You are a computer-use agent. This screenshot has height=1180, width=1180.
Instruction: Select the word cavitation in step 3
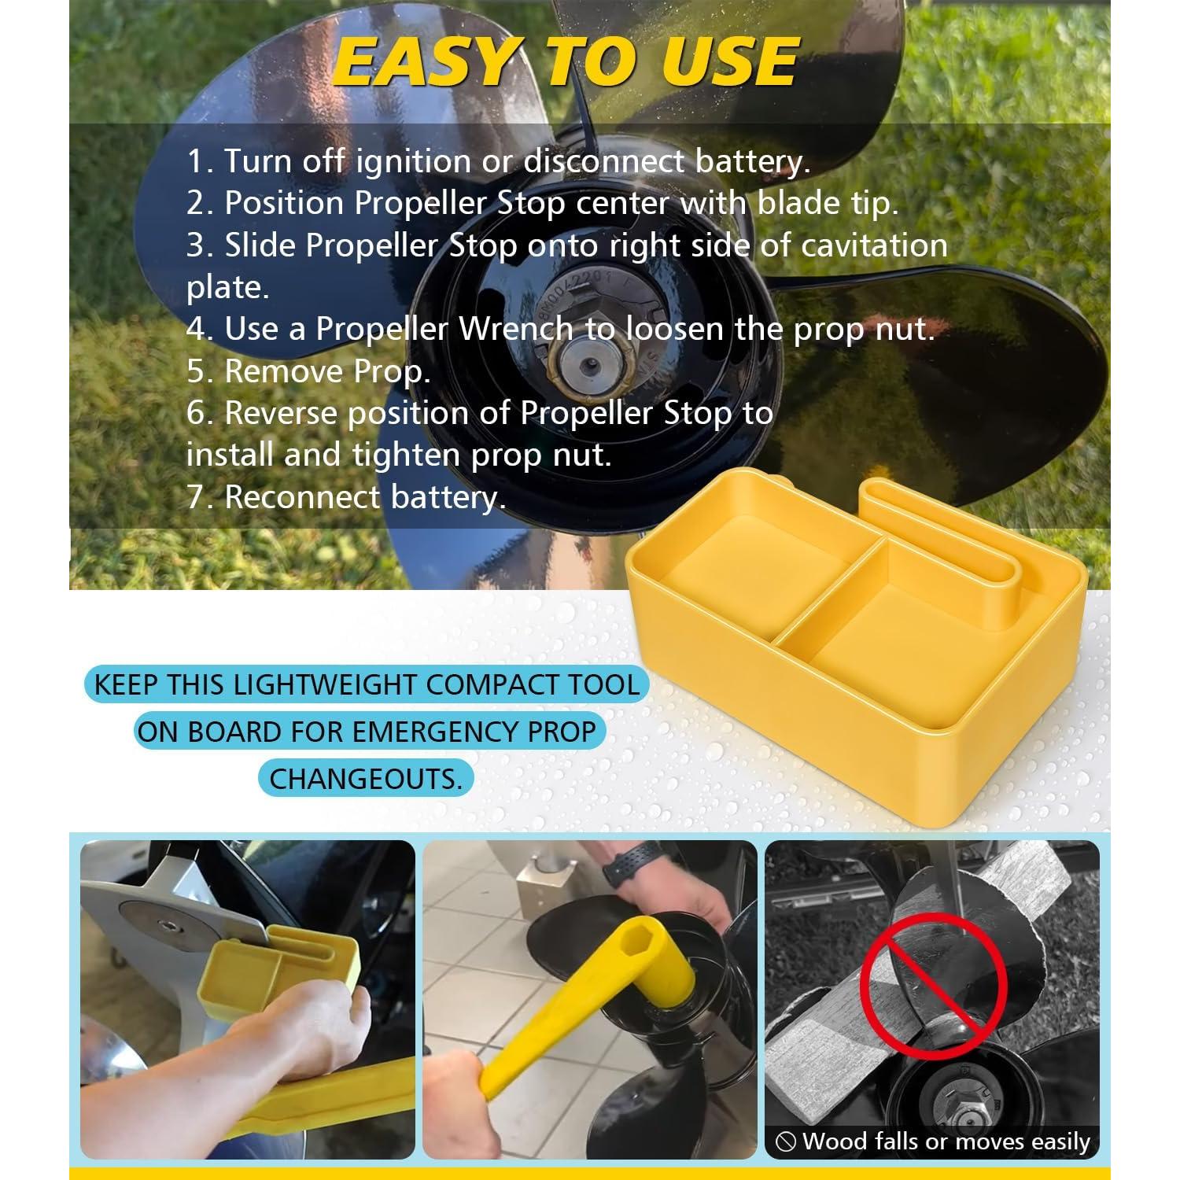point(874,245)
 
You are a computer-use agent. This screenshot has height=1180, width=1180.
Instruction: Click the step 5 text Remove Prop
point(308,371)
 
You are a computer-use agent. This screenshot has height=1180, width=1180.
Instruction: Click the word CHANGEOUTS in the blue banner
point(366,779)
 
